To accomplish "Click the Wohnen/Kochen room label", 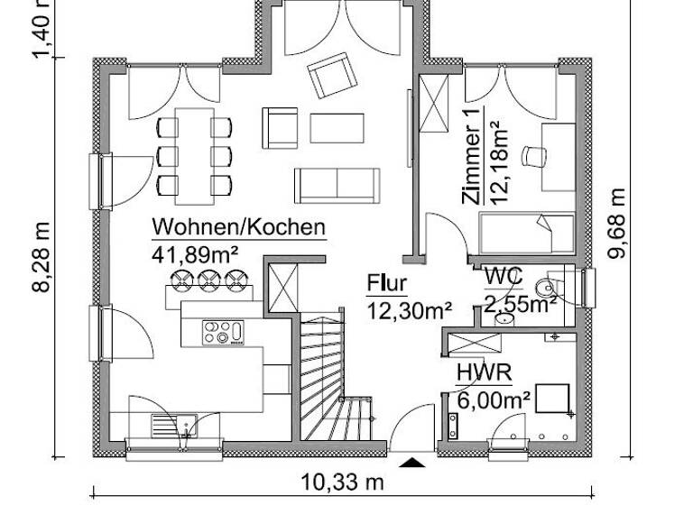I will [x=238, y=226].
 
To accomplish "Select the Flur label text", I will [x=386, y=284].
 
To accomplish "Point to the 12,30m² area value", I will [x=409, y=311].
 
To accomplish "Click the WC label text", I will [x=502, y=276].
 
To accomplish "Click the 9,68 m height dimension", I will [x=617, y=222].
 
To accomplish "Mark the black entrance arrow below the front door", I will [x=412, y=463].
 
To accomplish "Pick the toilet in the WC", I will [x=547, y=288].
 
